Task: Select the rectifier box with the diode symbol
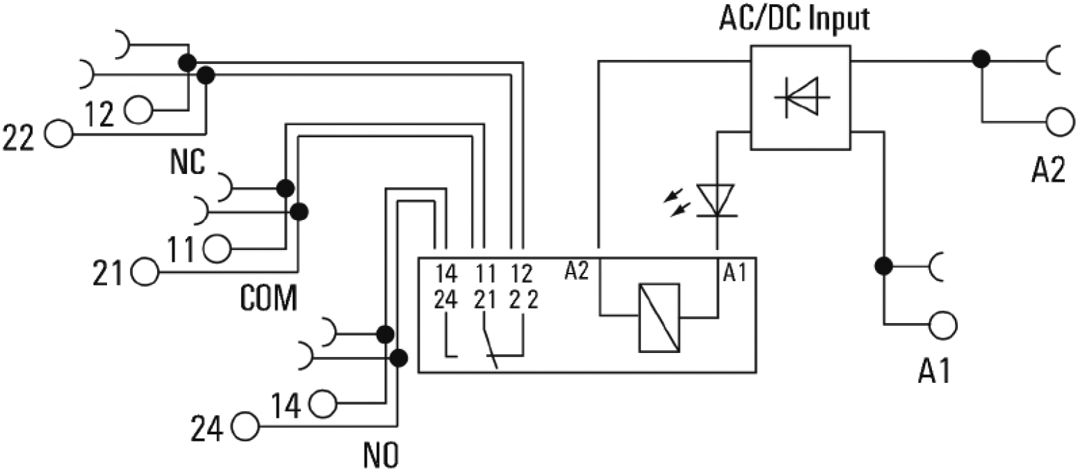(x=801, y=97)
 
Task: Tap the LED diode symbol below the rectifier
(x=716, y=200)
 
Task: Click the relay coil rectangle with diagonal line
(x=659, y=317)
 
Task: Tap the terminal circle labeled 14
(x=323, y=402)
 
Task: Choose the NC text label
(x=187, y=163)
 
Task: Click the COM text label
(x=269, y=298)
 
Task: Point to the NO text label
(x=381, y=455)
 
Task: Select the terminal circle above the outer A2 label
(x=1059, y=120)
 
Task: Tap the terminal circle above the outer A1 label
(x=942, y=324)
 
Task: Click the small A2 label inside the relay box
(x=577, y=271)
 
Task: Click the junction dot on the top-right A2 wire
(x=981, y=61)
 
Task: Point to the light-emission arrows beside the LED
(x=681, y=200)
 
